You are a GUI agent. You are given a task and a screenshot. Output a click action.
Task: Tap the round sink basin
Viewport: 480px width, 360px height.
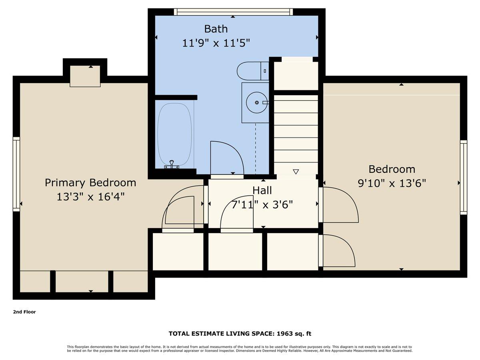[256, 103]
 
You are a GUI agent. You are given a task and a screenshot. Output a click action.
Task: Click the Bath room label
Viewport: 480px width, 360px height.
[216, 29]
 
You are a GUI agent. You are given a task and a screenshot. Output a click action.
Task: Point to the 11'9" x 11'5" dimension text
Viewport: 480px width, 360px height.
[216, 43]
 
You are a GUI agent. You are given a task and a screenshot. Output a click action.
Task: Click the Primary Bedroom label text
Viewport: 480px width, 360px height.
[90, 183]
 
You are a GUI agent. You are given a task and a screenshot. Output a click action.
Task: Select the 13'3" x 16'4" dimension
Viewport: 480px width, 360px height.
[90, 197]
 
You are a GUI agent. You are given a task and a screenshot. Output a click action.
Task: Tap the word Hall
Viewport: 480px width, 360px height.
[262, 190]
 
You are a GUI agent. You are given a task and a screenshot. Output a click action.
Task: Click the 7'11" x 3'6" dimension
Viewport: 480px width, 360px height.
[262, 205]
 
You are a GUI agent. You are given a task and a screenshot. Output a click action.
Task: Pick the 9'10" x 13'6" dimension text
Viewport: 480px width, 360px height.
[392, 183]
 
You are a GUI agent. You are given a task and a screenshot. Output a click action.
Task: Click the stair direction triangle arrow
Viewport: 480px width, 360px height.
[296, 172]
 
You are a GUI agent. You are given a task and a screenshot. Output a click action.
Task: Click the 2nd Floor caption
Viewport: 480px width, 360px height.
[24, 312]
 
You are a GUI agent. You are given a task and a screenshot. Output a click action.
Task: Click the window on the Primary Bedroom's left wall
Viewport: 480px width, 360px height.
[16, 174]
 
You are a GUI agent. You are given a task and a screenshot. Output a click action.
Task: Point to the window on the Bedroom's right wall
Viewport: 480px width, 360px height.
[463, 177]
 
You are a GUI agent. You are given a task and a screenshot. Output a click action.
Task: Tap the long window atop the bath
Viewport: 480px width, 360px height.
[233, 12]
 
